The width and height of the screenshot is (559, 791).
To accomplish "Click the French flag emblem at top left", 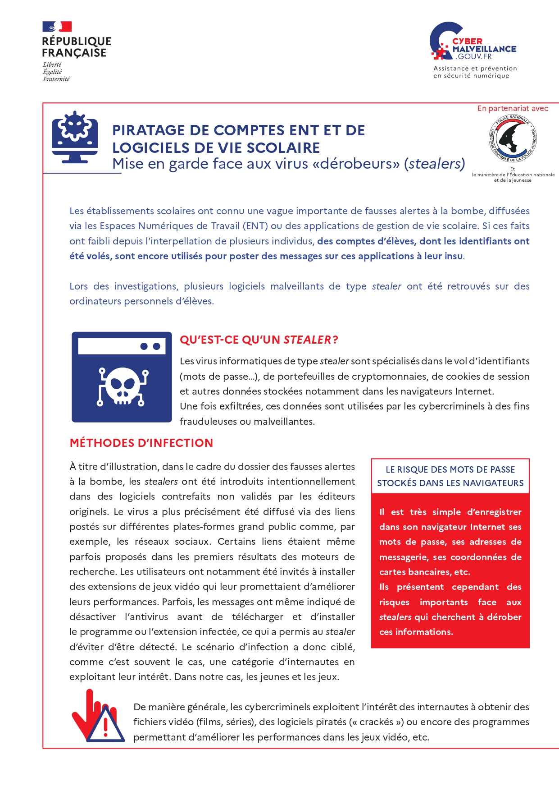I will (x=57, y=27).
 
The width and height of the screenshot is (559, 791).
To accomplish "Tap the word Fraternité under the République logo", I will (x=56, y=79).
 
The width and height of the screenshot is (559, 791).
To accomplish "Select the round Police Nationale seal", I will (x=513, y=138).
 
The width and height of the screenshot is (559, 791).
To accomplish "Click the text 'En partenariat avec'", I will (x=513, y=109).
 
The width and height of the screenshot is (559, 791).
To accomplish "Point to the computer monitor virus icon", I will (x=75, y=137).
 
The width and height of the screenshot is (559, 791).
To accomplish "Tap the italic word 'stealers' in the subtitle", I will (x=435, y=164).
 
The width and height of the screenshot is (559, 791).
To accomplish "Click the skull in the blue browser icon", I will (x=122, y=386).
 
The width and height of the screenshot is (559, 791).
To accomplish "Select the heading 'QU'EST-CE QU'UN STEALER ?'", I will (x=259, y=340).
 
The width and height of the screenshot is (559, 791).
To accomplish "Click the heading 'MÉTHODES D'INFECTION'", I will (x=141, y=443).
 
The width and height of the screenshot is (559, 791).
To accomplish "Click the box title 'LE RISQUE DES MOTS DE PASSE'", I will (x=450, y=469).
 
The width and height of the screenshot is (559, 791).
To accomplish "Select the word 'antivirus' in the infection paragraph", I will (x=146, y=617).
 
